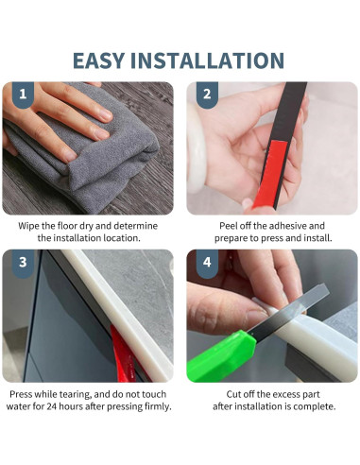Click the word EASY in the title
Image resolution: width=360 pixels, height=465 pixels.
(98, 60)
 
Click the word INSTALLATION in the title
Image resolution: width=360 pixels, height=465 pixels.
(208, 60)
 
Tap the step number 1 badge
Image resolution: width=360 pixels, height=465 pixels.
(23, 95)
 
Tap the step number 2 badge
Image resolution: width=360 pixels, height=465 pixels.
(207, 95)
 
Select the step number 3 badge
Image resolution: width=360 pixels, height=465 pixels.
(23, 263)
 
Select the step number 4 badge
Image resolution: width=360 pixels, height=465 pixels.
(207, 263)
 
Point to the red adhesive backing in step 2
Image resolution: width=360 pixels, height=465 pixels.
(270, 174)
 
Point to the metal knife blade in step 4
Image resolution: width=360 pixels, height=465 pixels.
(288, 310)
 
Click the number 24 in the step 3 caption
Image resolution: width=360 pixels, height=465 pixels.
(52, 406)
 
